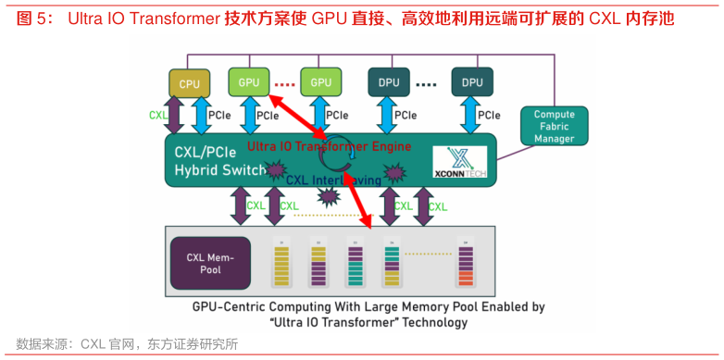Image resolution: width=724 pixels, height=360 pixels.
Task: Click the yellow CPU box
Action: [x=190, y=83]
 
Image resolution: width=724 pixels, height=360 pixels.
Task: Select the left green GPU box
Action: [x=249, y=82]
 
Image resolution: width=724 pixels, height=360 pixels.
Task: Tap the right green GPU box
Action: [x=320, y=82]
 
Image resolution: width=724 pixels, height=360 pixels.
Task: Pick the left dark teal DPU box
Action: [x=389, y=82]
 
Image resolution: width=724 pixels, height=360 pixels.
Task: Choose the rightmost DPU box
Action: [x=472, y=82]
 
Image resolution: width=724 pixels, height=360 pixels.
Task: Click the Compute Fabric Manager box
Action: [x=554, y=126]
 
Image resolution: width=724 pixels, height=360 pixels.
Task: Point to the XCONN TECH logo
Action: [x=460, y=162]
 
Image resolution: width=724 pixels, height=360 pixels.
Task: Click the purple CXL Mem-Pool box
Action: [x=208, y=262]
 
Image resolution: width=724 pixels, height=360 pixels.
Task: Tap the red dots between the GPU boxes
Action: [x=284, y=82]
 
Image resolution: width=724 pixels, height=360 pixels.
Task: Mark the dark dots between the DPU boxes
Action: [x=425, y=83]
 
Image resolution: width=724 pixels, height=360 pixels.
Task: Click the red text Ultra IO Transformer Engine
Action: [x=329, y=146]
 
